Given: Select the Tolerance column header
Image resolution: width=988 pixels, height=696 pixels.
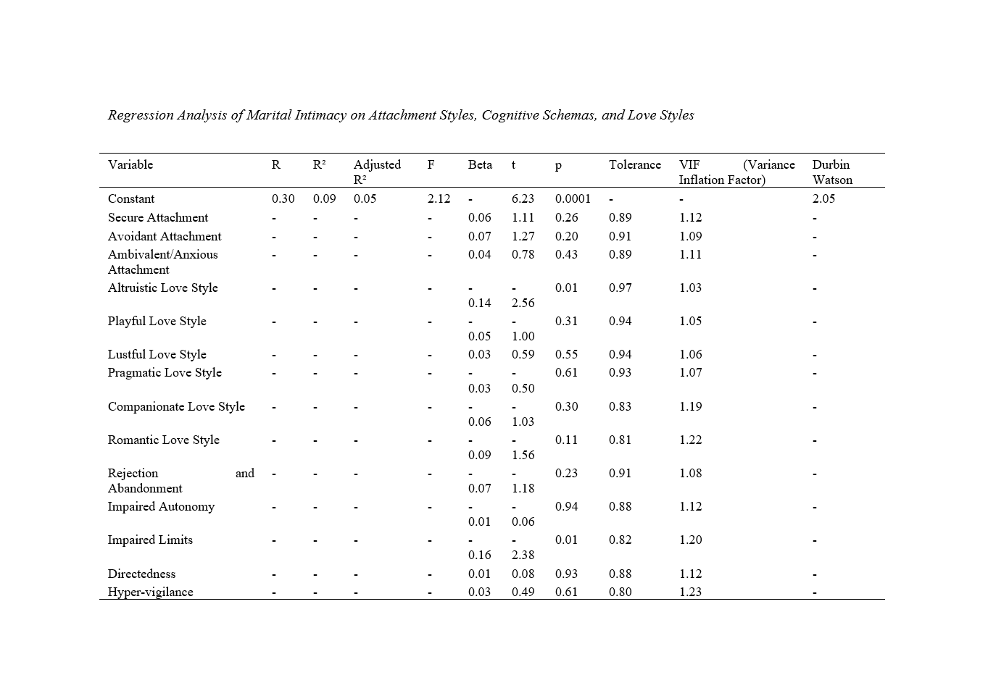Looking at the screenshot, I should coord(634,165).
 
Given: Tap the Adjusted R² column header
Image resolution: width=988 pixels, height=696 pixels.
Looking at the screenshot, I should coord(376,172).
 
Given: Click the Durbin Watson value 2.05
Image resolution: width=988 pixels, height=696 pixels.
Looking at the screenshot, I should coord(823,199).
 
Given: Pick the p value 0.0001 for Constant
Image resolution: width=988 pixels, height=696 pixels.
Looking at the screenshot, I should coord(573,199).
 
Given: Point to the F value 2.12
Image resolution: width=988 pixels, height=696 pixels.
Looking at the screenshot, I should coord(439,199).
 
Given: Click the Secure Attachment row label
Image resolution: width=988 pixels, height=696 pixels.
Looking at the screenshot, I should coord(157,218).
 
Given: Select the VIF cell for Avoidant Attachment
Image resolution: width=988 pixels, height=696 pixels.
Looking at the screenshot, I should coord(690,237).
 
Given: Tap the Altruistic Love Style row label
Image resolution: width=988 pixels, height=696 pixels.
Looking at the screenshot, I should coord(162,288).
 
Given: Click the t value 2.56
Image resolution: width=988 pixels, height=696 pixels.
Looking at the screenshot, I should coord(523,303).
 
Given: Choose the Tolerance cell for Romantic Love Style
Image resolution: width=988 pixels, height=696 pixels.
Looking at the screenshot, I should coord(620,440).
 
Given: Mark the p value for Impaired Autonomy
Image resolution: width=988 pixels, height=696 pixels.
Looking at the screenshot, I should coord(566,507).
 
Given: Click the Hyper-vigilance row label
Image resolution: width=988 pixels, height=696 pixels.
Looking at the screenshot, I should coord(150,592).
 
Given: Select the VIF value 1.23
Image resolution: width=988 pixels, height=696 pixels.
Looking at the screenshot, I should coord(690,592).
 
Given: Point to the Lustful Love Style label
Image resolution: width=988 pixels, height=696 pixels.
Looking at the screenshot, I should coord(157,355).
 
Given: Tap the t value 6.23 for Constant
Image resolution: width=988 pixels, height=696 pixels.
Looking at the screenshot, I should coord(523,199).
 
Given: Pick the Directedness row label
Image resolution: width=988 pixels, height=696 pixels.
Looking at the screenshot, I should coord(141,574).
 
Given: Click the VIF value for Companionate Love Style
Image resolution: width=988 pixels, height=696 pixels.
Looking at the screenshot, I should coord(690,407).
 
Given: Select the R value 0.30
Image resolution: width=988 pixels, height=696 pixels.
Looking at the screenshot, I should coord(283,199).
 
